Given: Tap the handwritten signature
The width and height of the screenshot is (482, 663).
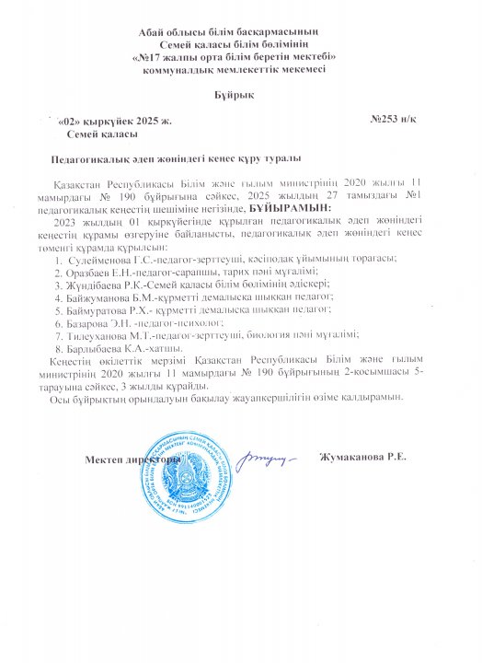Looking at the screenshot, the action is (266, 454).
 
